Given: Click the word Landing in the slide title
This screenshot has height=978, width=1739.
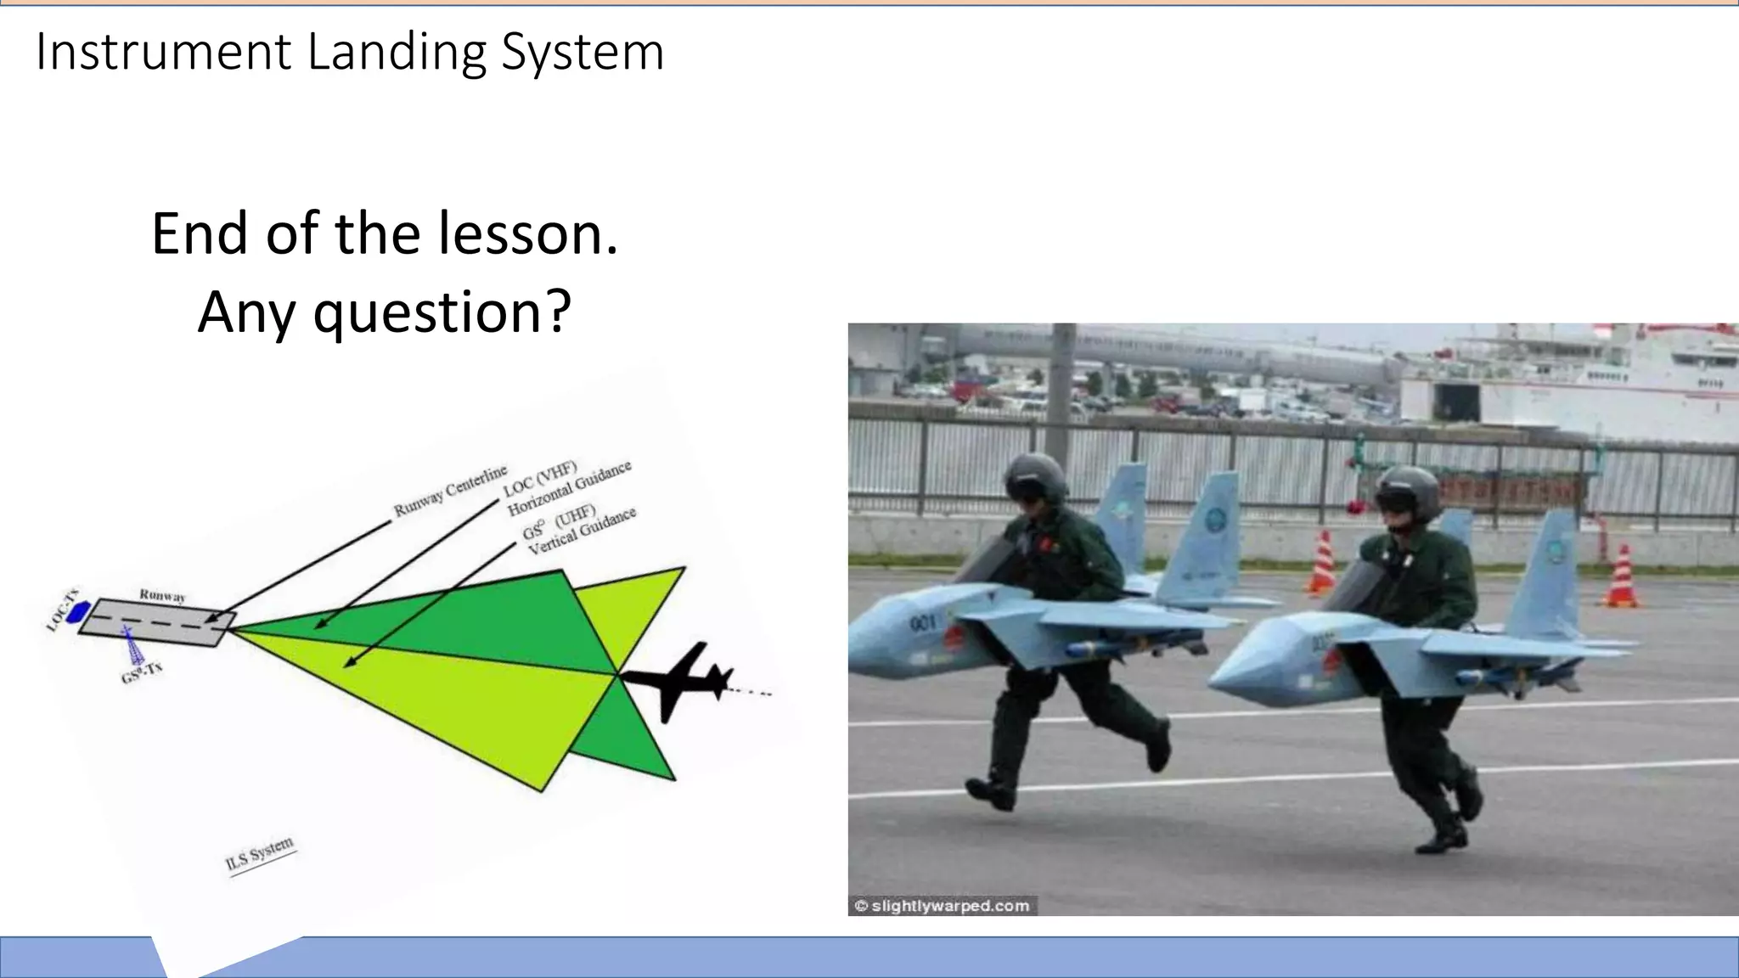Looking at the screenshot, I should tap(397, 53).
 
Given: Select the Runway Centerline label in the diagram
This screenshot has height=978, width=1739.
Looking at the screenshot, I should tap(450, 491).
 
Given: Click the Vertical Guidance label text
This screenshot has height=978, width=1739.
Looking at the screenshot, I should tap(582, 531).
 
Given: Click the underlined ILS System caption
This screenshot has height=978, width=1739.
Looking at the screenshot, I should tap(260, 854).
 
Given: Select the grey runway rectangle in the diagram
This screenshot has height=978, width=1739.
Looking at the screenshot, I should tap(157, 623).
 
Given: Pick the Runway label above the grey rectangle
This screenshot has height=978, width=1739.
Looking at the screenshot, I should tap(162, 595).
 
